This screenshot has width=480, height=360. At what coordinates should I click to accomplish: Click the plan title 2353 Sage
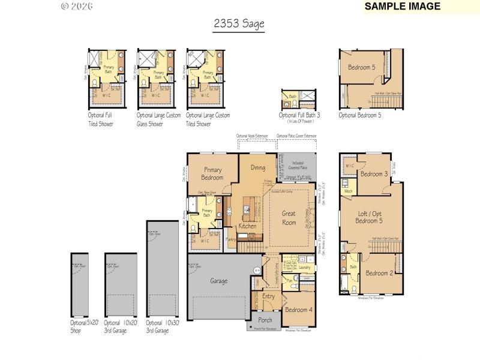[239, 24]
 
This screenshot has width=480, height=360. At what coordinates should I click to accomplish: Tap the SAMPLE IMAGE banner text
[403, 7]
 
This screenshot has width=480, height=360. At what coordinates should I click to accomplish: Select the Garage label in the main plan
[218, 280]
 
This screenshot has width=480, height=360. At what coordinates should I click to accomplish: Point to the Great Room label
[289, 218]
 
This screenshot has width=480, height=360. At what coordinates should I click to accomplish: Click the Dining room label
[258, 168]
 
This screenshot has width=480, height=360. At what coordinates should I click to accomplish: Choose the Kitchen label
[247, 226]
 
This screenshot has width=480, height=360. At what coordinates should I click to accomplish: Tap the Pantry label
[230, 239]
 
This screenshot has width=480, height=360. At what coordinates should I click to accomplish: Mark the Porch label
[265, 320]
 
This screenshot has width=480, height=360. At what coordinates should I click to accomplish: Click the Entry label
[268, 296]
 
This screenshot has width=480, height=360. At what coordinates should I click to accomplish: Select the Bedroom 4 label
[298, 310]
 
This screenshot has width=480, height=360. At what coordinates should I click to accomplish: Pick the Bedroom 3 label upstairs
[374, 174]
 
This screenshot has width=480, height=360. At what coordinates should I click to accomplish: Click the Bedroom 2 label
[379, 273]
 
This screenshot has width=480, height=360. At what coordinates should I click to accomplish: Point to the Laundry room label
[304, 267]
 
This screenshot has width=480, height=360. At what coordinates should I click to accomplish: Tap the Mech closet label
[348, 191]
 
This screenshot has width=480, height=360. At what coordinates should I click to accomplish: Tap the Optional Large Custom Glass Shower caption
[158, 119]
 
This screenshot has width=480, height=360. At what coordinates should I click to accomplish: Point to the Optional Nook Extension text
[252, 136]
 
